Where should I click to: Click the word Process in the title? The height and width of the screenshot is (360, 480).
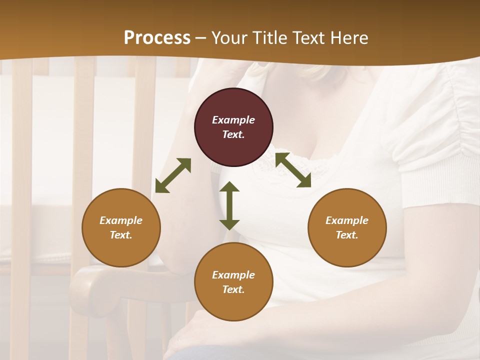(157, 38)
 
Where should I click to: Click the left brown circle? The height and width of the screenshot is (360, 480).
(121, 227)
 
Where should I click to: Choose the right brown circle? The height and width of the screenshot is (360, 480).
(347, 227)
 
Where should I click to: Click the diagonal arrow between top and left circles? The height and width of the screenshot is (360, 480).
(173, 175)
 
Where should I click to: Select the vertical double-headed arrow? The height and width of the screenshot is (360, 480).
(229, 205)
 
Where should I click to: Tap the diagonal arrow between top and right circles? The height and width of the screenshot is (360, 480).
(293, 170)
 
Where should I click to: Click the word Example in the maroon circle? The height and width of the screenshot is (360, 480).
(233, 120)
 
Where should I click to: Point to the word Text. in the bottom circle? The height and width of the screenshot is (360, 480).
(233, 289)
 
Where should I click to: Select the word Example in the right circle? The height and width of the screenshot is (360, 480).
(347, 220)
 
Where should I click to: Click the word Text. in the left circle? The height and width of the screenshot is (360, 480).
(121, 235)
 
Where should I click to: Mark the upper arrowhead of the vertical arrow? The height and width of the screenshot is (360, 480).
(229, 187)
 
